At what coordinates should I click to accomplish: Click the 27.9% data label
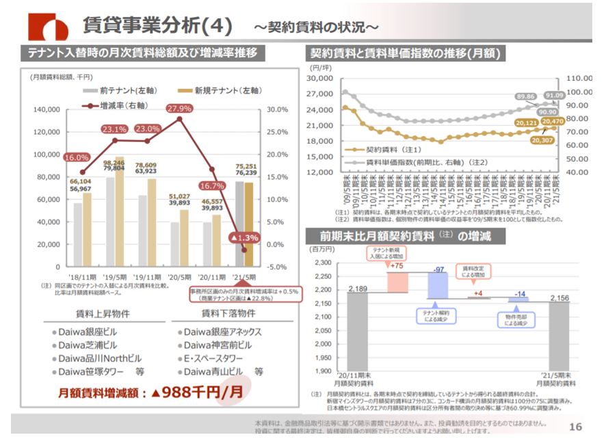(x=179, y=108)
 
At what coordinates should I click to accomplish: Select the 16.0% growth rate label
(x=77, y=157)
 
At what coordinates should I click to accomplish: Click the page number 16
(x=575, y=427)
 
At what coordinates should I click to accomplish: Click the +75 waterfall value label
(x=396, y=266)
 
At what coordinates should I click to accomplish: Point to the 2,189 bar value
(x=357, y=289)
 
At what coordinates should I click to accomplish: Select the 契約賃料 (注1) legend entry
(x=393, y=148)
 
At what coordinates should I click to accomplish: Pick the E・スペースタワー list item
(x=214, y=358)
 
